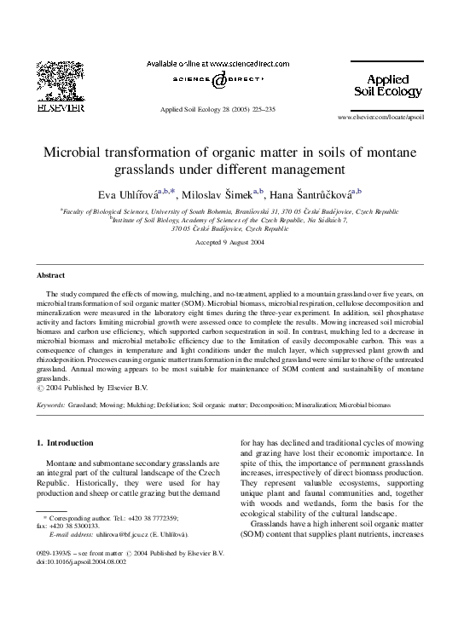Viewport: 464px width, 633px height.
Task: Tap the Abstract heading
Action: pos(50,275)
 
